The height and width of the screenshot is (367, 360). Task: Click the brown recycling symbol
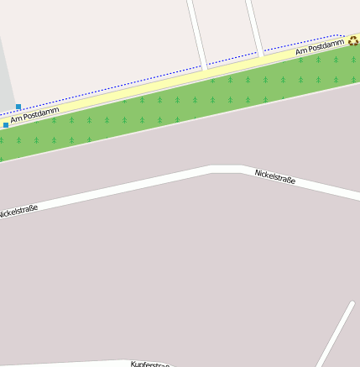coord(353,40)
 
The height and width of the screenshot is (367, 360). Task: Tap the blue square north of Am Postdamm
coord(18,107)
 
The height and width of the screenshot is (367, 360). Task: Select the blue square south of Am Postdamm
coord(6,124)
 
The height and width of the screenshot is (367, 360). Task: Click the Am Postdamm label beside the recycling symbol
coord(320,49)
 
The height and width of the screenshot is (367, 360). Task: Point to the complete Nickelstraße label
coord(274,176)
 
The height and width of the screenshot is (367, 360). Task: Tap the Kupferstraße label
coord(151,364)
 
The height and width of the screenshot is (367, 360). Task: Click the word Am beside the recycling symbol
coord(301,52)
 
